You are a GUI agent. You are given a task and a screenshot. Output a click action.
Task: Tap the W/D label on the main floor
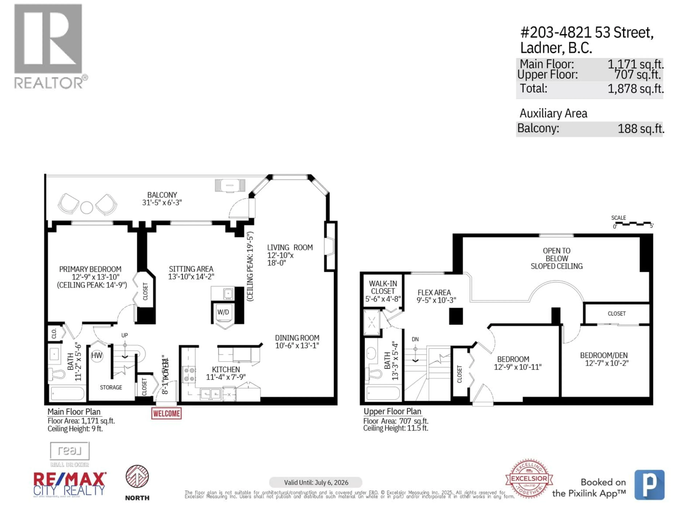coord(223,312)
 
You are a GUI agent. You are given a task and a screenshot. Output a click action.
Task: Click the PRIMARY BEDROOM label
coord(90,269)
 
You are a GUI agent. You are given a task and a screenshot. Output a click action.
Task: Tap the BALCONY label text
coord(162,195)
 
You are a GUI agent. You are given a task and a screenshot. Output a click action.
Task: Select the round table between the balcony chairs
coord(87,207)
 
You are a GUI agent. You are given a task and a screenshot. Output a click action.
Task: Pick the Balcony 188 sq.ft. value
coord(641,129)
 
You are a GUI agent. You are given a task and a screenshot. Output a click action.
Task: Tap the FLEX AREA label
coord(434,293)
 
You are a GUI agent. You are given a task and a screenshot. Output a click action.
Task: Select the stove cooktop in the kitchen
coord(189,374)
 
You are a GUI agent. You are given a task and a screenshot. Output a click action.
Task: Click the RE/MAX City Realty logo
coord(69,484)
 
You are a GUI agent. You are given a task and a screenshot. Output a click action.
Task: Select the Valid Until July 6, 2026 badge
coord(316,482)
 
